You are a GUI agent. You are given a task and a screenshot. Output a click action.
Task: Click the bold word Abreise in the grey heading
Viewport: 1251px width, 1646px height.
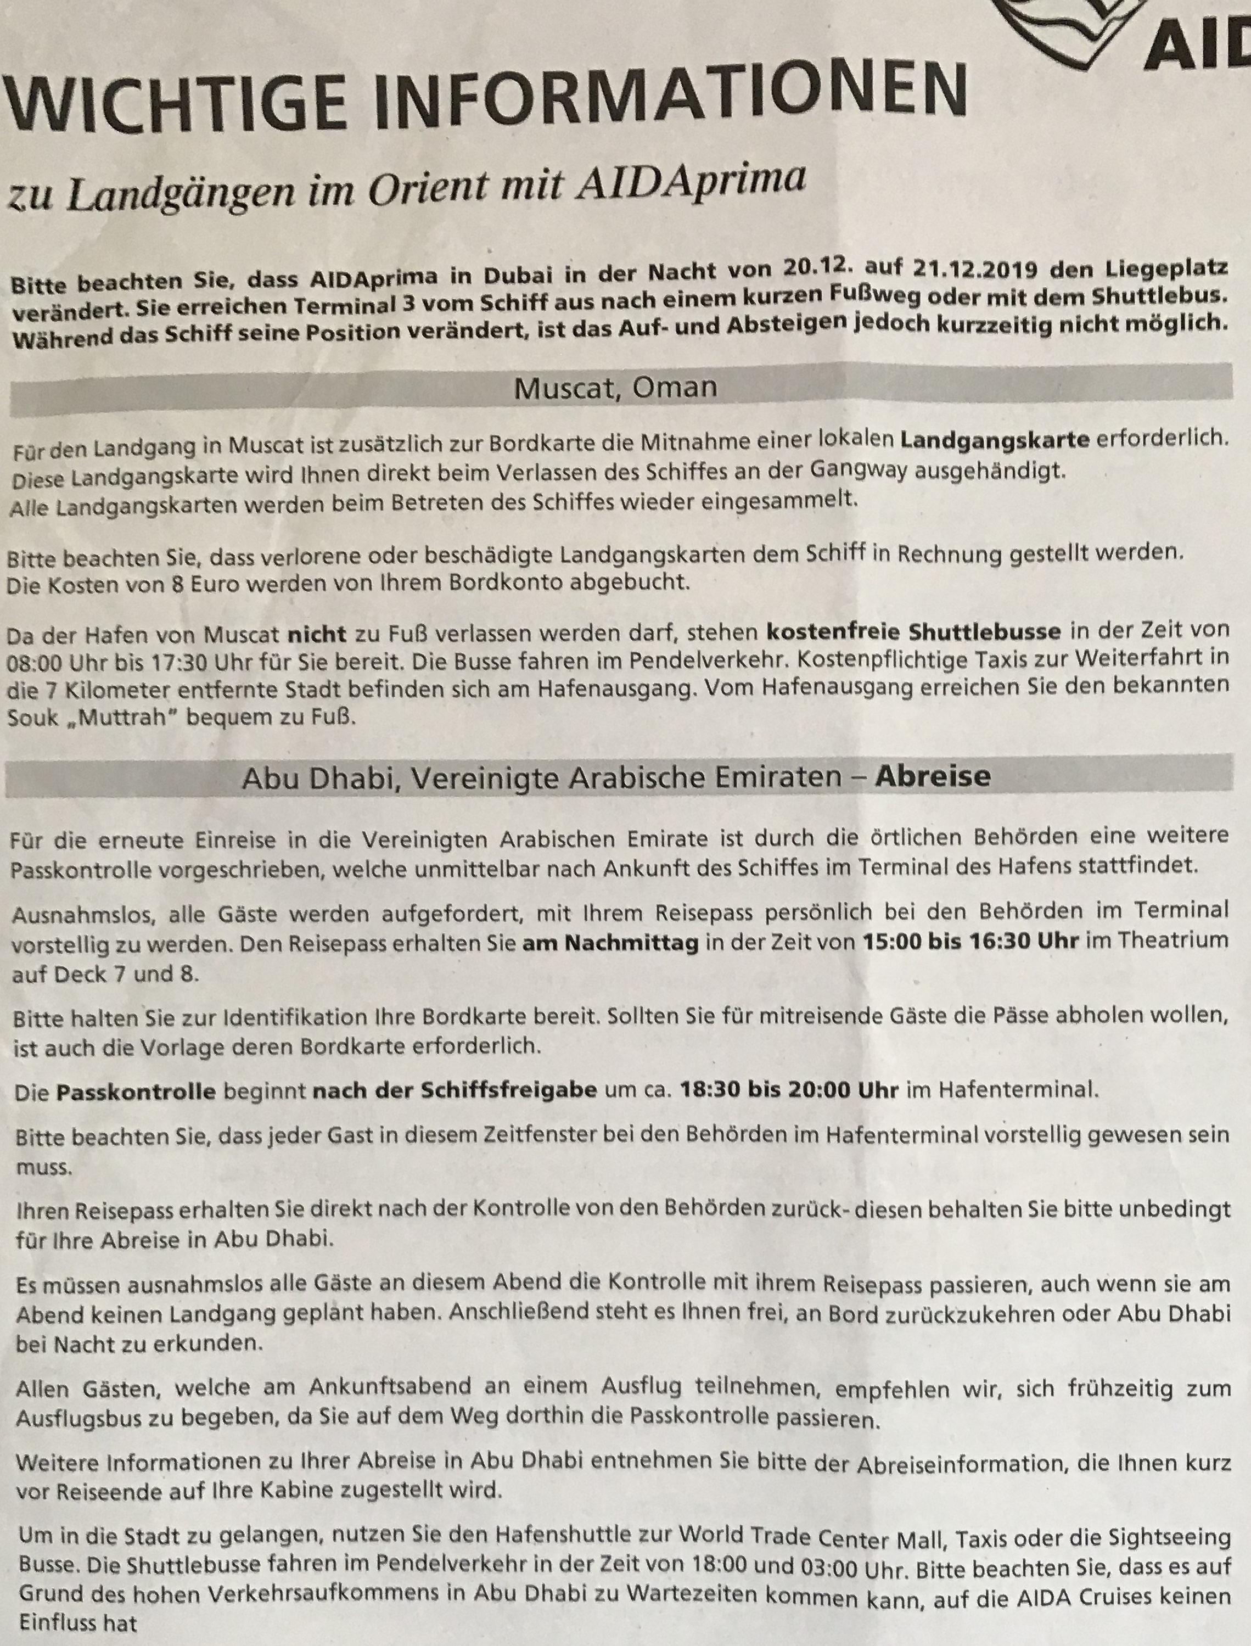point(932,776)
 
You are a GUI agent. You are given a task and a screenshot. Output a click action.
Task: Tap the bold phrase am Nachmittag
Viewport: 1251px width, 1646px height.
point(610,944)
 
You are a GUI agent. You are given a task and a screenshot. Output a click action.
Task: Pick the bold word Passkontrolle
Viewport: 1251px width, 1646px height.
point(136,1093)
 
